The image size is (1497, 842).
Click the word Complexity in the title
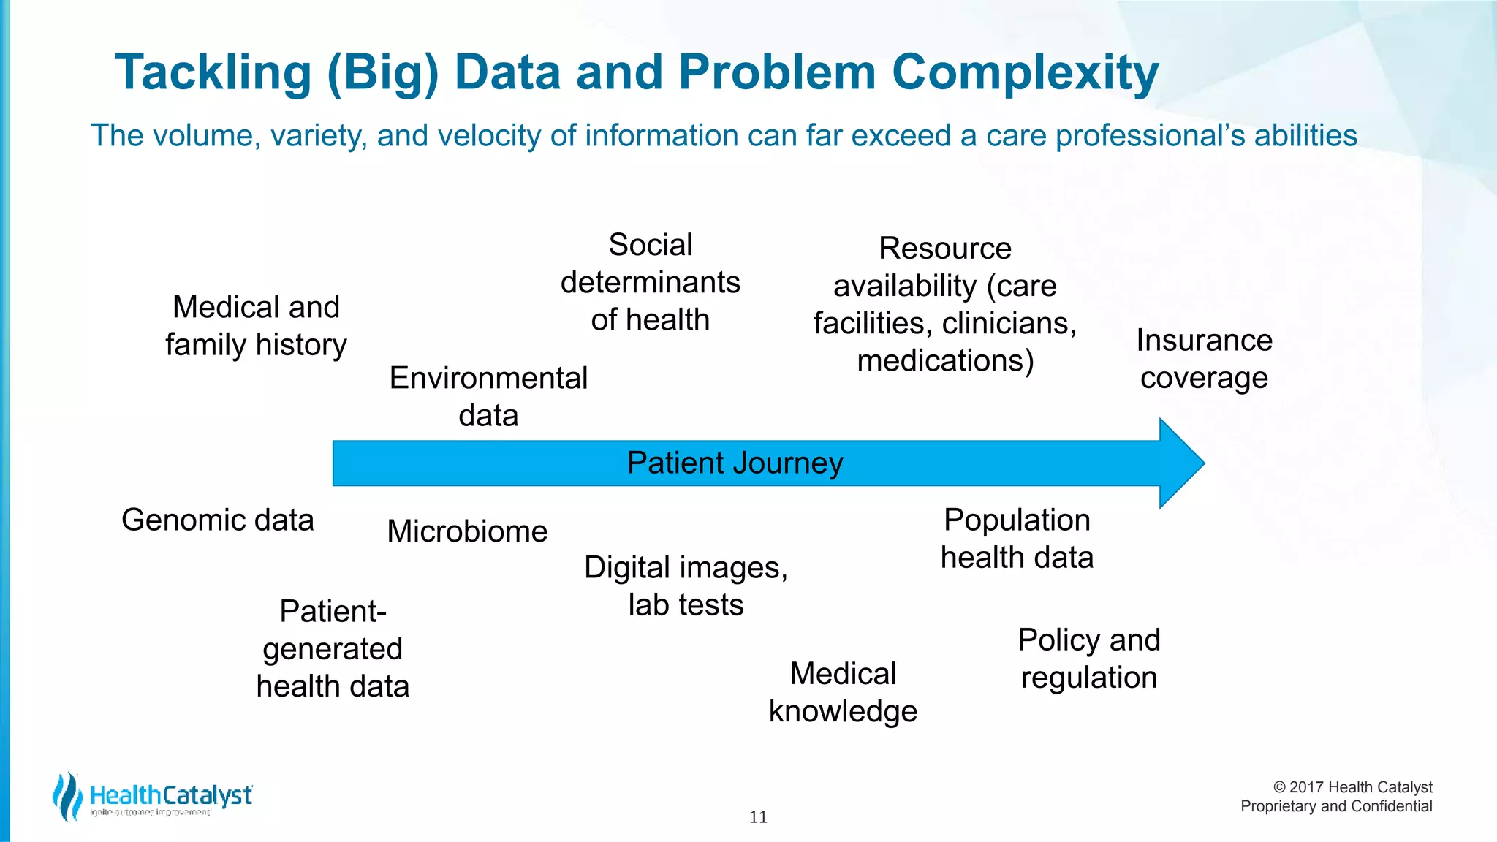(x=1025, y=73)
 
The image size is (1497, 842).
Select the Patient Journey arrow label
(x=735, y=463)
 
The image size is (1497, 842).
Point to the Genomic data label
(x=217, y=520)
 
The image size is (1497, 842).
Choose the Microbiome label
(x=467, y=531)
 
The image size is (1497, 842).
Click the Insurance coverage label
(x=1204, y=359)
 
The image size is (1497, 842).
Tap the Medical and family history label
(x=256, y=326)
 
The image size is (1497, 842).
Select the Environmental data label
(x=488, y=396)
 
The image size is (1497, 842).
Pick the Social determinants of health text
(x=650, y=282)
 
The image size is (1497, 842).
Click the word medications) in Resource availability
(x=945, y=361)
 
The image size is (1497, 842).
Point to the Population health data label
(x=1017, y=539)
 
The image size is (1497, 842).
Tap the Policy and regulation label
(x=1088, y=659)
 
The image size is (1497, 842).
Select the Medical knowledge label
(x=843, y=692)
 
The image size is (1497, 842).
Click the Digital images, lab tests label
(x=686, y=586)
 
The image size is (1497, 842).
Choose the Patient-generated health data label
(x=333, y=649)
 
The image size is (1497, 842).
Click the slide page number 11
(x=758, y=817)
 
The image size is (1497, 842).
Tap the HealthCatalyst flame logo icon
(x=67, y=796)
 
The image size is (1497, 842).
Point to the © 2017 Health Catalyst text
(x=1352, y=787)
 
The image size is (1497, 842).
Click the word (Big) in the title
(x=382, y=73)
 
